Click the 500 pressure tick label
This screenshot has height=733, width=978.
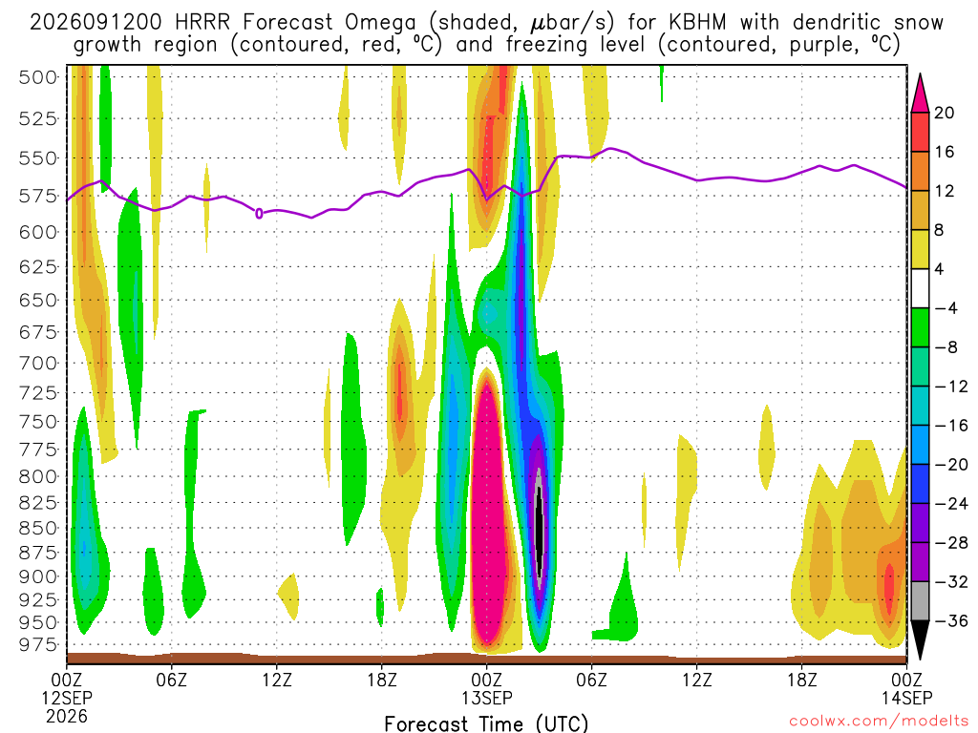(x=38, y=77)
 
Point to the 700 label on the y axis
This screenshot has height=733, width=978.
(x=38, y=363)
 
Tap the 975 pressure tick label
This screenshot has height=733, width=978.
(x=38, y=644)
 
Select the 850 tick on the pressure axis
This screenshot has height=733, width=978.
(x=38, y=528)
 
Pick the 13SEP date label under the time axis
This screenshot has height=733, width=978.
(x=486, y=698)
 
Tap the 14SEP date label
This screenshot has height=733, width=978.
(x=907, y=698)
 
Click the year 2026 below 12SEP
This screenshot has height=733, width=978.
(x=67, y=716)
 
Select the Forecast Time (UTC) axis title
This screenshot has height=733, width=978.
(x=486, y=723)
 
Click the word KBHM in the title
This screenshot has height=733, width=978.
(x=697, y=23)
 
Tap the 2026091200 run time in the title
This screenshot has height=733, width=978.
(x=96, y=23)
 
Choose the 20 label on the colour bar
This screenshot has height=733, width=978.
(x=945, y=113)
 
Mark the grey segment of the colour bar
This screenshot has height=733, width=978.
(x=920, y=601)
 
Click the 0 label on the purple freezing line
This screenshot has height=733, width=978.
(x=259, y=214)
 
